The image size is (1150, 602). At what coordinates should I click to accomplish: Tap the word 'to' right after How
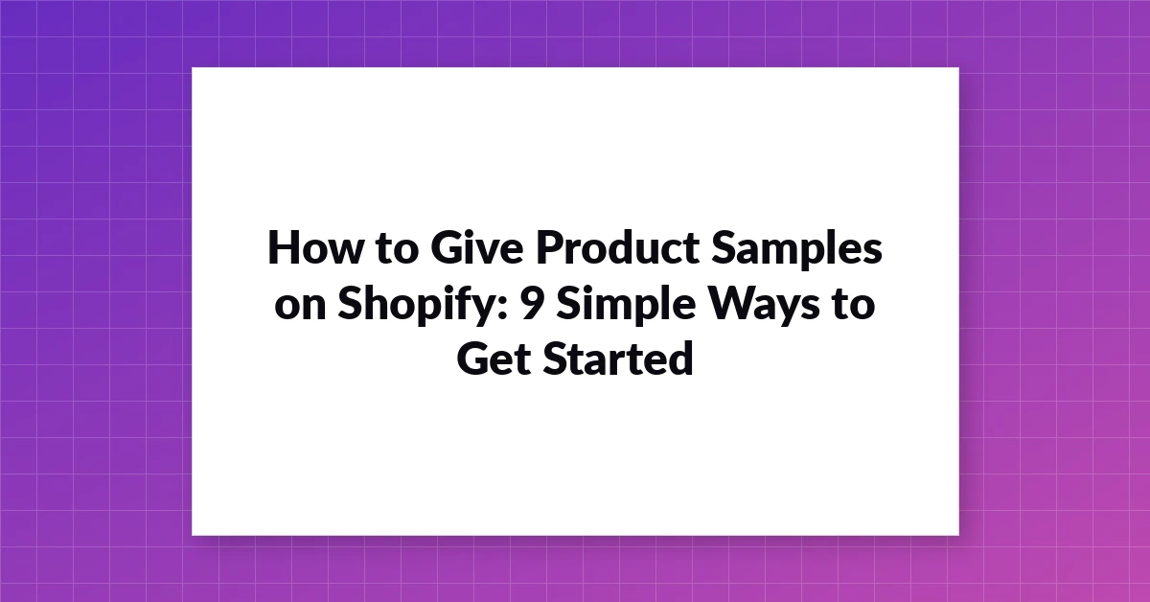[397, 248]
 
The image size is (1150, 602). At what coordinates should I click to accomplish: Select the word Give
[477, 247]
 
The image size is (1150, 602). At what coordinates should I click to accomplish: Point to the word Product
[617, 247]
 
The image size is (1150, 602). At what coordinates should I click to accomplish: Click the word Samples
[796, 249]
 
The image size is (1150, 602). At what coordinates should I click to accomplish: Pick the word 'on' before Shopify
[300, 306]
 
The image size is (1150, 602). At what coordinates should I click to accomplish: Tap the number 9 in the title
[533, 303]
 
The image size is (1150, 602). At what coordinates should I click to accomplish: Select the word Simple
[627, 306]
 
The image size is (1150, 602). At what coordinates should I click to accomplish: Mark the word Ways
[764, 307]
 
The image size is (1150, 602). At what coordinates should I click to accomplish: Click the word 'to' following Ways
[854, 305]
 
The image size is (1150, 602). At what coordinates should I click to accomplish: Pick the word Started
[618, 358]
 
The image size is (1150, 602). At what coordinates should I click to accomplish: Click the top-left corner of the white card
[192, 68]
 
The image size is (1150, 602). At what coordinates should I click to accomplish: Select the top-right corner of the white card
[959, 68]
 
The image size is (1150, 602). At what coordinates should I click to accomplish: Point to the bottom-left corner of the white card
[192, 535]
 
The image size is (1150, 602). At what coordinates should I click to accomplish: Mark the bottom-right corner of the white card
[959, 535]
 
